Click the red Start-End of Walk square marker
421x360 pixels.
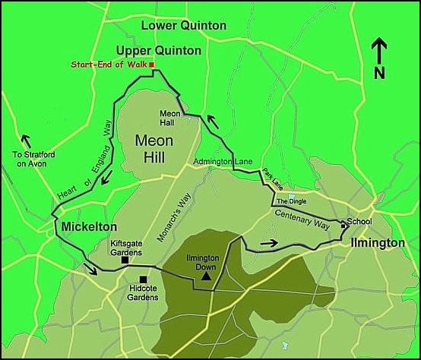pyautogui.click(x=152, y=65)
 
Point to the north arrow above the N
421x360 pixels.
pyautogui.click(x=378, y=52)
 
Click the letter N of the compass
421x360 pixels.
pyautogui.click(x=379, y=73)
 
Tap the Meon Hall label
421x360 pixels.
pyautogui.click(x=169, y=118)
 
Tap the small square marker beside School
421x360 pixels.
pyautogui.click(x=343, y=225)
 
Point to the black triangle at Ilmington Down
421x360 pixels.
pyautogui.click(x=206, y=278)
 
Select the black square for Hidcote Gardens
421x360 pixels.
pyautogui.click(x=143, y=279)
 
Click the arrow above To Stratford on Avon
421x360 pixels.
pyautogui.click(x=27, y=141)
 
